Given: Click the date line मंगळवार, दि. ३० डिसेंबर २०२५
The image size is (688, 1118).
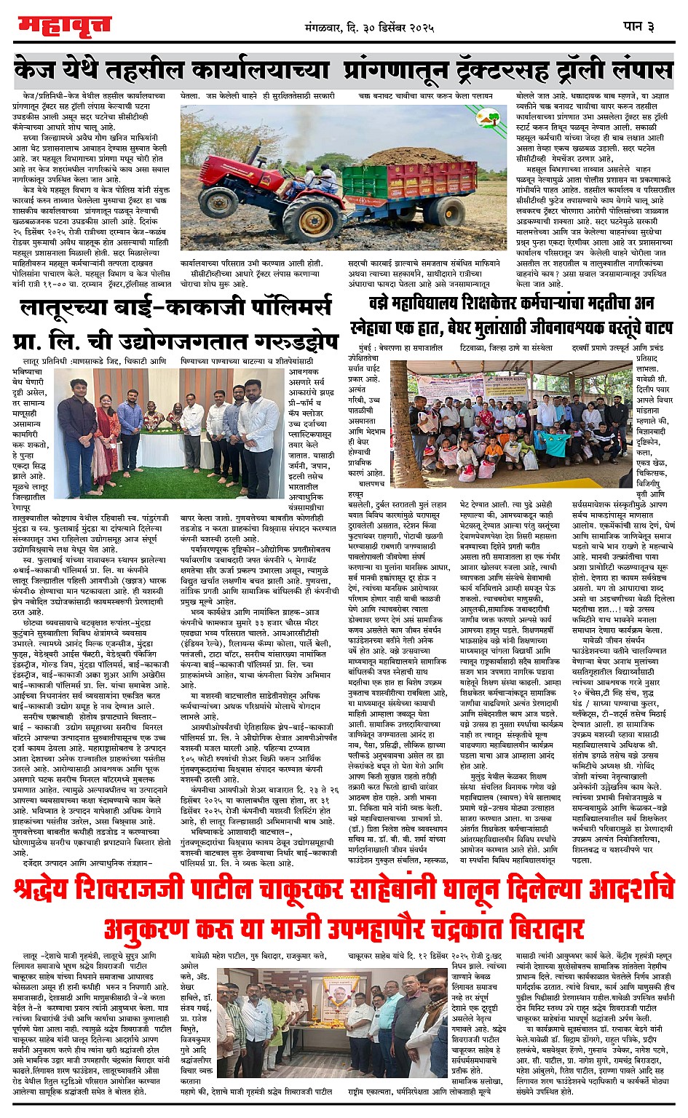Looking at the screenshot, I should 370,28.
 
